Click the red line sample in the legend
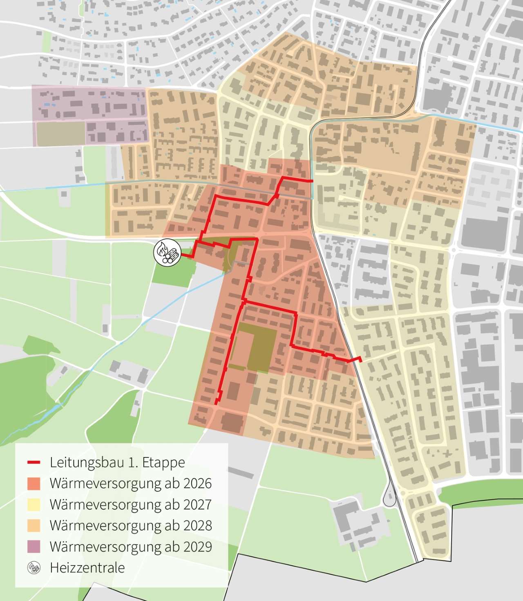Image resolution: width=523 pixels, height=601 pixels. [34, 463]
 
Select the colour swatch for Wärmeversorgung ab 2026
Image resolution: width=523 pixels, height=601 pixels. [34, 484]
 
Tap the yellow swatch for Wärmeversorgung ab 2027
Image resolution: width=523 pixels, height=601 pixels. [34, 505]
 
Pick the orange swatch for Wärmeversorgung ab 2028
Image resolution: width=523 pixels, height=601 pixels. [34, 526]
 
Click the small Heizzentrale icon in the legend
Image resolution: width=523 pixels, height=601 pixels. [34, 568]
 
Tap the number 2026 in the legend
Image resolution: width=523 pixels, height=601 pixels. [198, 484]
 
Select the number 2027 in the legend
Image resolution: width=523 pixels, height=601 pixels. [198, 505]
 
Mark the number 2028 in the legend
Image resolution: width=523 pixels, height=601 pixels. [198, 526]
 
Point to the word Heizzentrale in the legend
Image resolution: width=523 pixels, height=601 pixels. [87, 568]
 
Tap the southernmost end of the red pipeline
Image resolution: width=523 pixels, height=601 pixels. [216, 404]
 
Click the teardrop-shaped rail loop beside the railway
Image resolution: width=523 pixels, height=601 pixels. [390, 497]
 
